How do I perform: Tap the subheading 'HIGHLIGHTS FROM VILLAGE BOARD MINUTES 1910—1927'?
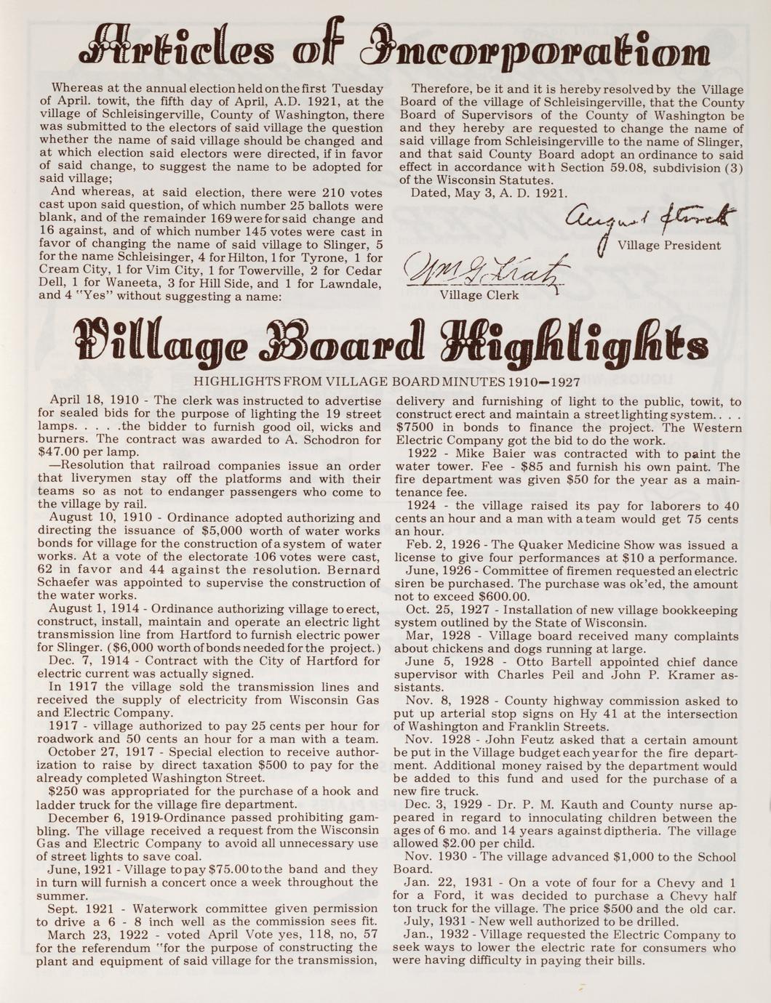click(385, 382)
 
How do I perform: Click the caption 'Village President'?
click(669, 246)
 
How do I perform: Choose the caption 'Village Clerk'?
click(479, 295)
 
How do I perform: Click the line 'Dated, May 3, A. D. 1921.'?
click(489, 193)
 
